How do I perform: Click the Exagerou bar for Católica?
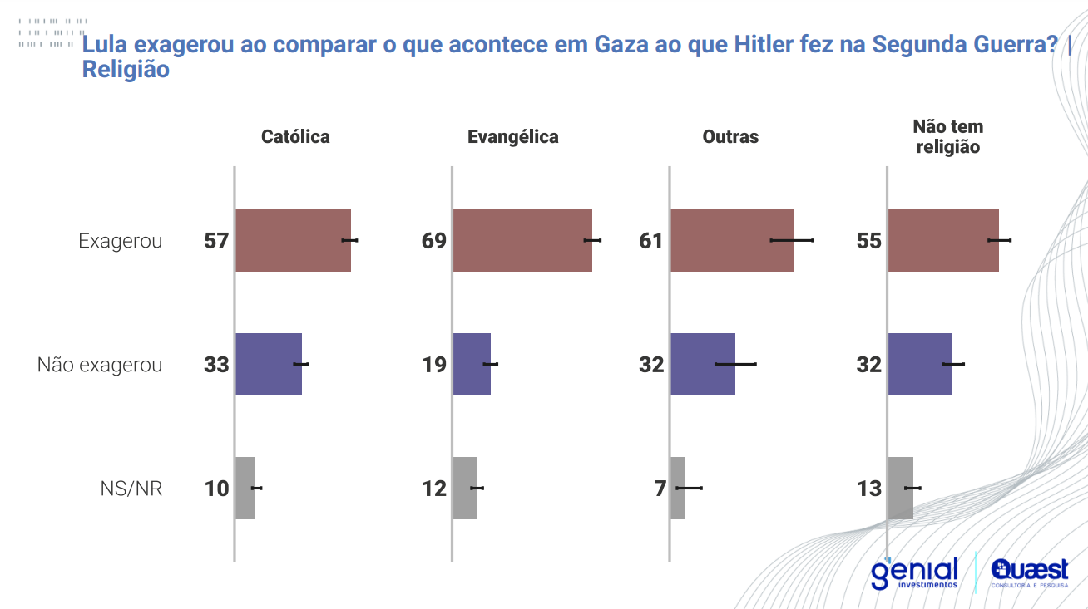pyautogui.click(x=293, y=240)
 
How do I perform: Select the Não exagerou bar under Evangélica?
pyautogui.click(x=472, y=364)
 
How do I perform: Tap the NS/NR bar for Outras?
pyautogui.click(x=677, y=488)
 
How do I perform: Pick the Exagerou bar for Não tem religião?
pyautogui.click(x=943, y=240)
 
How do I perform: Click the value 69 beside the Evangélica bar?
pyautogui.click(x=434, y=241)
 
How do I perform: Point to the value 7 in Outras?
pyautogui.click(x=660, y=489)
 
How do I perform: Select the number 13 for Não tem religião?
pyautogui.click(x=869, y=489)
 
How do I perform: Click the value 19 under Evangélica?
pyautogui.click(x=434, y=365)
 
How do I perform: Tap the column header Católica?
pyautogui.click(x=295, y=137)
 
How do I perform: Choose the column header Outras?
pyautogui.click(x=730, y=137)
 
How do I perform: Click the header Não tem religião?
pyautogui.click(x=947, y=137)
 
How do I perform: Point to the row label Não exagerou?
pyautogui.click(x=100, y=365)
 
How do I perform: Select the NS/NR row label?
pyautogui.click(x=131, y=489)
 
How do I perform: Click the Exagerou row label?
pyautogui.click(x=121, y=241)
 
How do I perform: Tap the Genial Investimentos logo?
pyautogui.click(x=914, y=573)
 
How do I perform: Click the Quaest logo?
pyautogui.click(x=1030, y=573)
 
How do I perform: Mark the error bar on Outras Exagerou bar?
pyautogui.click(x=792, y=240)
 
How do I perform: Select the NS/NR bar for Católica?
pyautogui.click(x=245, y=488)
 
